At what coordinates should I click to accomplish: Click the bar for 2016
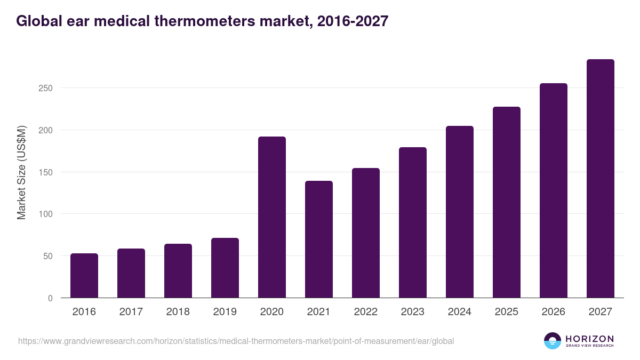[x=84, y=276]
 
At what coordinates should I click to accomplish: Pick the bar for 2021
[x=319, y=239]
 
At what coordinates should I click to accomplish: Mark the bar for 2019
[x=225, y=268]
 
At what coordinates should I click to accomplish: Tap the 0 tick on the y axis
[x=51, y=299]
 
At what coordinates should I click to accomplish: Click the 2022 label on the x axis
[x=366, y=312]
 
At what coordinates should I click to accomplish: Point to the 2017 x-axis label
[x=131, y=312]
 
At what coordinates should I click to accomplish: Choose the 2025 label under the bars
[x=507, y=312]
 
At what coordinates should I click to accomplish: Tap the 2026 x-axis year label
[x=554, y=312]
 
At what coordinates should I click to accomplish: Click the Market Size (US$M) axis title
[x=21, y=172]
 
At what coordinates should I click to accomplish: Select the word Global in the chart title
[x=37, y=21]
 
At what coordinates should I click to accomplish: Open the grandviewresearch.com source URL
[x=236, y=341]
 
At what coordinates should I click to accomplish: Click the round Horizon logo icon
[x=553, y=341]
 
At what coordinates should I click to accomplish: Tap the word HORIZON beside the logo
[x=589, y=338]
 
